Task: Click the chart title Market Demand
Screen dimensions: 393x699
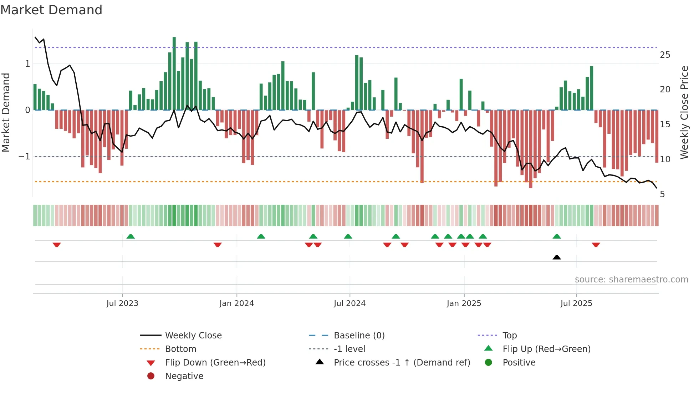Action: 51,10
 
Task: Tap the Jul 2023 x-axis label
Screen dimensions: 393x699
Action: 122,303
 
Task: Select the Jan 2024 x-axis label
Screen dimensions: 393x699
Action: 236,303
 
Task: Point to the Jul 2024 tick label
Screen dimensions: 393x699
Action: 349,303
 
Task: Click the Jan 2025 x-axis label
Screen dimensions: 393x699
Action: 464,303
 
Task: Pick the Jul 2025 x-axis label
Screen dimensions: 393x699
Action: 576,303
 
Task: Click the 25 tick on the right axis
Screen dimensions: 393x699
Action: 665,55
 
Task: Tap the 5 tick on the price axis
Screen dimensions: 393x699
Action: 662,194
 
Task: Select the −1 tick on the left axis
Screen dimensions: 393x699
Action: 24,157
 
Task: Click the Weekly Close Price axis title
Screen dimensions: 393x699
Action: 684,112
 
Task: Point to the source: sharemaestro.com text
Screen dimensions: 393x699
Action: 631,280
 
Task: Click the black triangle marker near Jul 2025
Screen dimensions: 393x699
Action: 557,257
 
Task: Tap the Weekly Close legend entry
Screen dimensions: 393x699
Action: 193,336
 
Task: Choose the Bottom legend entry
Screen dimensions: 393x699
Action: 180,349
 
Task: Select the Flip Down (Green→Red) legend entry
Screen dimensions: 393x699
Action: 215,363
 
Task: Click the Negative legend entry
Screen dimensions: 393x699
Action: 184,376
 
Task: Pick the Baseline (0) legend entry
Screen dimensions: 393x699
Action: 359,336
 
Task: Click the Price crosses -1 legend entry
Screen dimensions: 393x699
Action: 402,363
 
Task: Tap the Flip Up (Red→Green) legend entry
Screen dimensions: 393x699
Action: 546,349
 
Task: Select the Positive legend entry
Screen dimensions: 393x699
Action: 519,363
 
